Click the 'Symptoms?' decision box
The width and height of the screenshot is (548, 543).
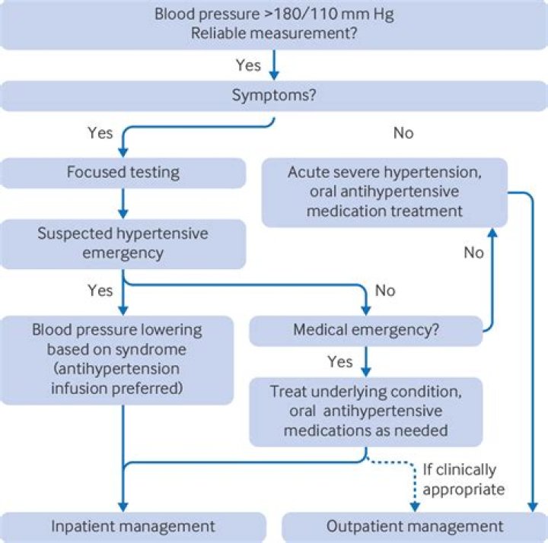273,96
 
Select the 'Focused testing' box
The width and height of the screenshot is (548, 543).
123,173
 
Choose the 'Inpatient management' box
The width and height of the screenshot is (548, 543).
132,526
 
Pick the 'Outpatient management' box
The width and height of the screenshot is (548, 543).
414,526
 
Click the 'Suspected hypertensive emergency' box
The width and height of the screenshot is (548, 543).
123,243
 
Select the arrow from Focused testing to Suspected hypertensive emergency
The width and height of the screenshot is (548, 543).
123,203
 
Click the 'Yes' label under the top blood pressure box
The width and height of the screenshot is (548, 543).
248,65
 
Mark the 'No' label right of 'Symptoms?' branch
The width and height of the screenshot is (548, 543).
403,133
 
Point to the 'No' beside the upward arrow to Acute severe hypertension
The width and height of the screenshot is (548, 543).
473,252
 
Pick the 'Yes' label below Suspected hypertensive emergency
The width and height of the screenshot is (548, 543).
100,291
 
